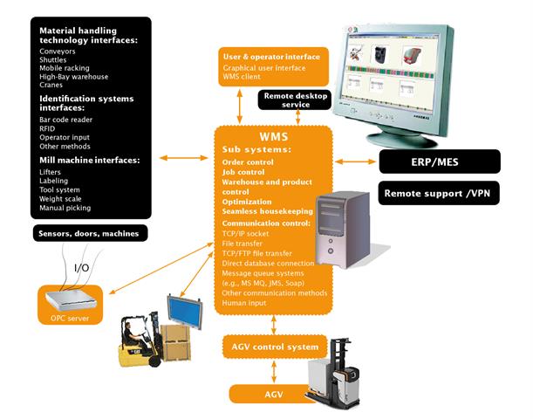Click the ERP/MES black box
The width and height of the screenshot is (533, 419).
pos(439,161)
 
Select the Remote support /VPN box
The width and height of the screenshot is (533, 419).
pos(439,192)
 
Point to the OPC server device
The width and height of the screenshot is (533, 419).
pos(70,299)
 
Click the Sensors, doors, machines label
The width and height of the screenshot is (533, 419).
pos(90,233)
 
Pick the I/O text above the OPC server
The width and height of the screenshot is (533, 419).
pos(81,266)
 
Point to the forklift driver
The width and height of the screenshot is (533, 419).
pos(131,333)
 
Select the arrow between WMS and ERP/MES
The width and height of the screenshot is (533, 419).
pos(356,161)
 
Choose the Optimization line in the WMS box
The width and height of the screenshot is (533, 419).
pos(247,202)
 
